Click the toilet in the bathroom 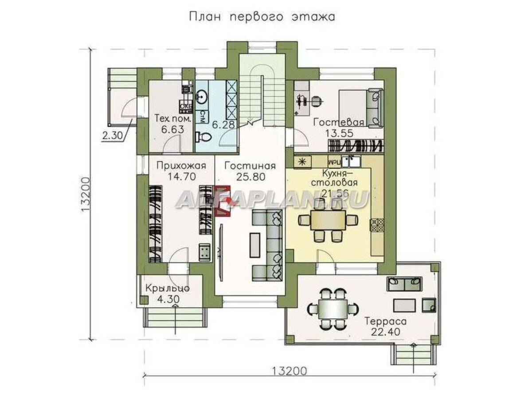204,137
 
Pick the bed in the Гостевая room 359,106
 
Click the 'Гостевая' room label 339,122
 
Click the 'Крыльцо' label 168,288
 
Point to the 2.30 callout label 112,136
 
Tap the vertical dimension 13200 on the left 86,195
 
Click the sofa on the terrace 403,283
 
